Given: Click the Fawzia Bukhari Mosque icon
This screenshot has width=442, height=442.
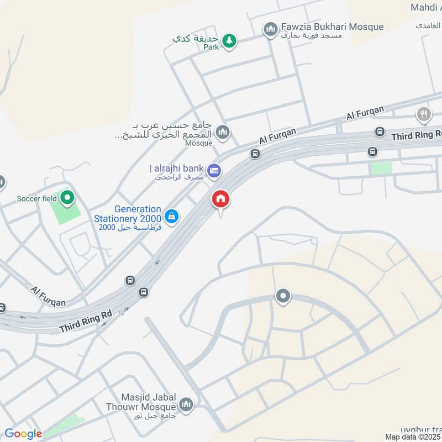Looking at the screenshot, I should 270,29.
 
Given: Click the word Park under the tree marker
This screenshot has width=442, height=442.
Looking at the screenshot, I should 211,48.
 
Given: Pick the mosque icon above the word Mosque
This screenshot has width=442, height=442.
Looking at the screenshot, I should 223,131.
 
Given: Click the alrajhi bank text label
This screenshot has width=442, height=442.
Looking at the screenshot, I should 176,169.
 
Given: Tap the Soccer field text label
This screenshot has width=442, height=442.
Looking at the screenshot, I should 36,198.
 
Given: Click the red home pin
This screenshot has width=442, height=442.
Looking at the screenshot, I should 220,199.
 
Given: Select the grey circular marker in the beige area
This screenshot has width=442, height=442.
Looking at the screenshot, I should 283,297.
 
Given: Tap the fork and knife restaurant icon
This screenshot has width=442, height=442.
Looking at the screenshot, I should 423,114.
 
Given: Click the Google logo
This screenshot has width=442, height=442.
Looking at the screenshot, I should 23,434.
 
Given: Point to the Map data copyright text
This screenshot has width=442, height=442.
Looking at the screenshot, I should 413,436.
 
